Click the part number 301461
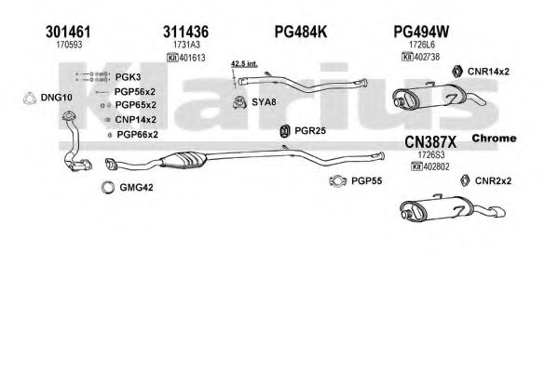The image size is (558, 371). [68, 32]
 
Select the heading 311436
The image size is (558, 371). [185, 32]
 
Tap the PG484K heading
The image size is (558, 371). [300, 32]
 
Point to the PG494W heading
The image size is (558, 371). [421, 32]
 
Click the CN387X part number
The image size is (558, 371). [430, 142]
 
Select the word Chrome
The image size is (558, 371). [494, 139]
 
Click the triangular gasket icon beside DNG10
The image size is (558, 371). [30, 98]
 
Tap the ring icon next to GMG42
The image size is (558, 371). [108, 187]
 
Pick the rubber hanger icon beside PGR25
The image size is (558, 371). [285, 131]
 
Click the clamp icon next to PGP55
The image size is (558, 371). [338, 181]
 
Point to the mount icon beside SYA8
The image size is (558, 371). [239, 102]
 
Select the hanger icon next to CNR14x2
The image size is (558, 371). [457, 72]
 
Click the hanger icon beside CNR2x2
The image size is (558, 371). [465, 180]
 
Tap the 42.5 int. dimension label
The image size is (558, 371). [244, 64]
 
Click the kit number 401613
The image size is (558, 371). [193, 58]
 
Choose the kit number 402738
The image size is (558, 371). [427, 57]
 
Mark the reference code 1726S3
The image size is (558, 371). [431, 155]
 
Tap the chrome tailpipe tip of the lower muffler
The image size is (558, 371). [499, 213]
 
